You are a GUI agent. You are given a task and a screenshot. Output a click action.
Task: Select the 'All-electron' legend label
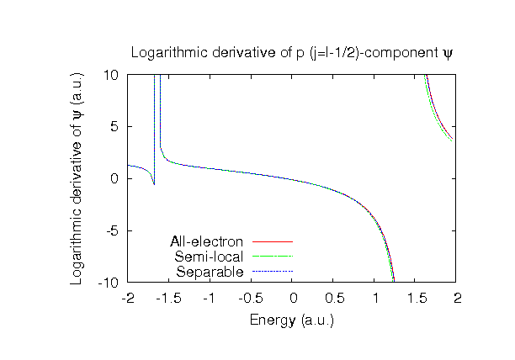tap(207, 242)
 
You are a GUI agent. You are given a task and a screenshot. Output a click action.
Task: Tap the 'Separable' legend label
tap(210, 272)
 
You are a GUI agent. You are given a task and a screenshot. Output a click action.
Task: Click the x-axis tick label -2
tap(127, 298)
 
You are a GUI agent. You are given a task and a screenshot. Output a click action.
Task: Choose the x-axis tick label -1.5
tap(168, 298)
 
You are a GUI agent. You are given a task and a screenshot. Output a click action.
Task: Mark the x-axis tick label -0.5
tap(251, 298)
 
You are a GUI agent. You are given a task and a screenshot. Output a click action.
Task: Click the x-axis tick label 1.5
tap(417, 298)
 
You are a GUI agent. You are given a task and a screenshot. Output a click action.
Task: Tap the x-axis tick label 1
tap(375, 298)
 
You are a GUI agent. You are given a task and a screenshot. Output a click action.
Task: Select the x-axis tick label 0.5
tap(334, 298)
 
